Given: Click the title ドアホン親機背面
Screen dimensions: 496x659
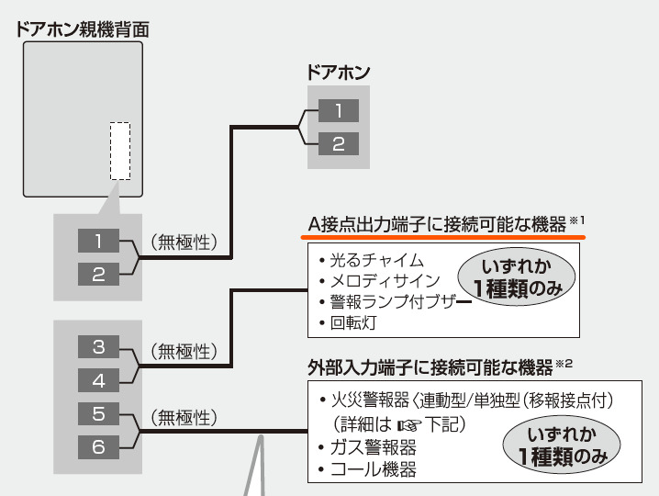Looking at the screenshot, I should pyautogui.click(x=82, y=28).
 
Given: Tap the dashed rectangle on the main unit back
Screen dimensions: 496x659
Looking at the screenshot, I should pyautogui.click(x=120, y=151).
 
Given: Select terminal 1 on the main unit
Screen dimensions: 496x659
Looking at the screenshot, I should pyautogui.click(x=99, y=241).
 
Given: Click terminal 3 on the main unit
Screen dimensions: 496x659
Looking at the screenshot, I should pyautogui.click(x=99, y=346).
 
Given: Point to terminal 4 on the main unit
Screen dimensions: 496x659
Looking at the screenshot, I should pyautogui.click(x=99, y=379).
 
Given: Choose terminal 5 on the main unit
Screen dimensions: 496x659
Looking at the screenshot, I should pyautogui.click(x=99, y=413).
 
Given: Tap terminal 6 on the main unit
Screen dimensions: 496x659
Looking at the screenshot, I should pyautogui.click(x=99, y=446).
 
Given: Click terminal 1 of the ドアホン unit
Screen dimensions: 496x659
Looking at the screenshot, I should pyautogui.click(x=339, y=111).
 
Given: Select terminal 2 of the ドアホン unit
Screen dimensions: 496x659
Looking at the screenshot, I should pyautogui.click(x=339, y=144).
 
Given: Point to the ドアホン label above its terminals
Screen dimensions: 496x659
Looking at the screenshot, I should pyautogui.click(x=339, y=73).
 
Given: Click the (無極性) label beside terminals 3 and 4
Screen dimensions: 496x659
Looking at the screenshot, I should pyautogui.click(x=183, y=351).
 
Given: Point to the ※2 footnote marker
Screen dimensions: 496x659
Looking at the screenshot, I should pyautogui.click(x=564, y=363).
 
